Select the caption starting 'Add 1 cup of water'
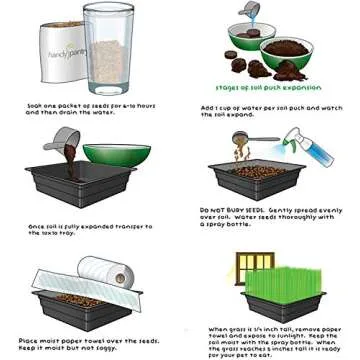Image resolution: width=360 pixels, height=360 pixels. point(269,109)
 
